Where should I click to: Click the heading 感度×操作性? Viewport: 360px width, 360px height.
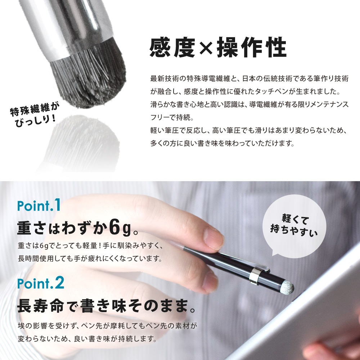pos(218,47)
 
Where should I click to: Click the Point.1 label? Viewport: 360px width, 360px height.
pos(39,205)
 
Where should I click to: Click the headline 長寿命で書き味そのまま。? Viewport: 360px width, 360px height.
pos(107,306)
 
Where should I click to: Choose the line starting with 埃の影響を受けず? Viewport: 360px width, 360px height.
pos(107,326)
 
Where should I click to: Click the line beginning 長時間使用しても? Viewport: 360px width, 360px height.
pos(90,258)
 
